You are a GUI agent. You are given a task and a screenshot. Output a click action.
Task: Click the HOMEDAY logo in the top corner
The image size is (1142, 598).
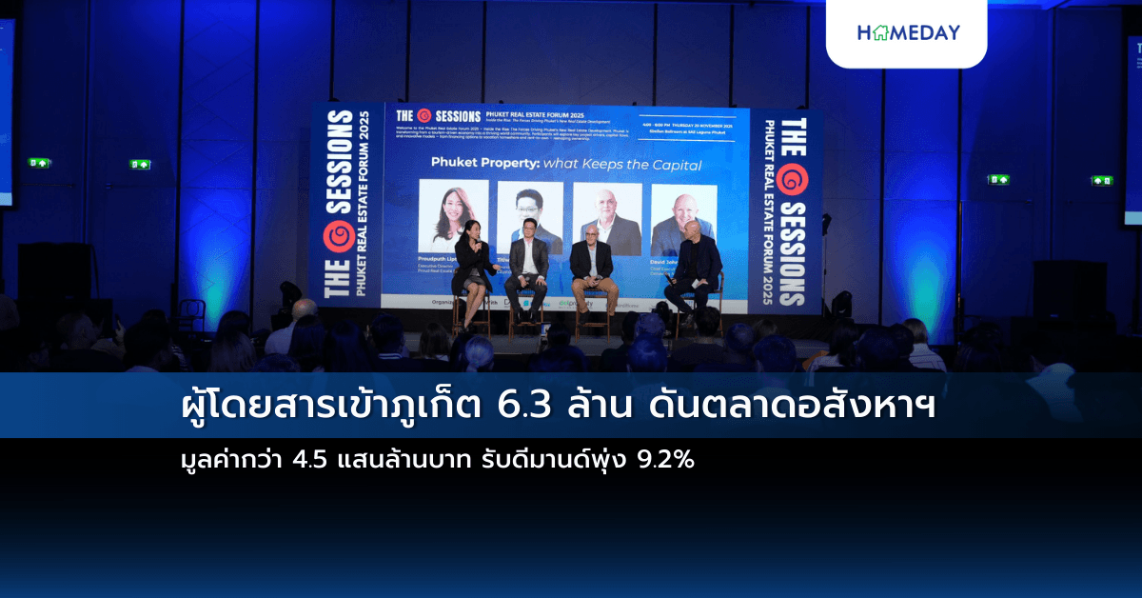(908, 32)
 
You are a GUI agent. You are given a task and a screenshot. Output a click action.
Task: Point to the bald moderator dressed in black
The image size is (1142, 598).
(696, 271)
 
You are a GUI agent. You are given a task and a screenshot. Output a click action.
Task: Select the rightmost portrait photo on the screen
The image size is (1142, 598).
(683, 219)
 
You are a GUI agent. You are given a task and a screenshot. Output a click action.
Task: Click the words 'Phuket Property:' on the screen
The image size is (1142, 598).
(482, 165)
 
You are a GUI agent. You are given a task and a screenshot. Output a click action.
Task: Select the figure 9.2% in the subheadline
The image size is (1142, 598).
(666, 461)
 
